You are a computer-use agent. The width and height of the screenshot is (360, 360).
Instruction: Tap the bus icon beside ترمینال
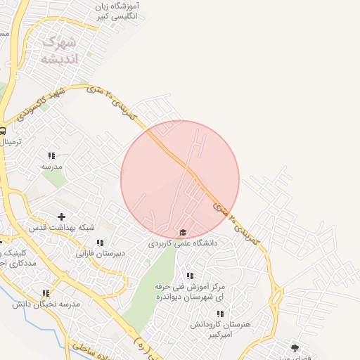click(x=2, y=131)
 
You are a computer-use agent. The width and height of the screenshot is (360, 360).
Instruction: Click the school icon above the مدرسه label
click(x=51, y=155)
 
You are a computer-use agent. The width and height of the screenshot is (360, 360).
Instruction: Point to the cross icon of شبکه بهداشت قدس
click(x=61, y=217)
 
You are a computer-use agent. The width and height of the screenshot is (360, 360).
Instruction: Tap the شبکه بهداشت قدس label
click(x=61, y=228)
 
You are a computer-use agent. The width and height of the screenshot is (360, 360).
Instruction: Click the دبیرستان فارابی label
click(x=101, y=252)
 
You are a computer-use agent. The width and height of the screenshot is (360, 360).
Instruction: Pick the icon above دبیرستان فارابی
click(x=100, y=243)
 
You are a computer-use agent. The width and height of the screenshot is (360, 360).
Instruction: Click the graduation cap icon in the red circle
click(x=183, y=233)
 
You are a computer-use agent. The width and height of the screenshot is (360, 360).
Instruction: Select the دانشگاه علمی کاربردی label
click(x=184, y=243)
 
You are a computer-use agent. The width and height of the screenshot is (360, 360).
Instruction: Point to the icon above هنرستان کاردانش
click(x=220, y=314)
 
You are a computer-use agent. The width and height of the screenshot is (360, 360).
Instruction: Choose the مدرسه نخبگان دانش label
click(x=46, y=304)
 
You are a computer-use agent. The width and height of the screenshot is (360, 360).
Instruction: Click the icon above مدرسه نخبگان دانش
click(x=46, y=293)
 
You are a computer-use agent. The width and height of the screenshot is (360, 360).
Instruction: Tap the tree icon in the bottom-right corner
click(x=295, y=347)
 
